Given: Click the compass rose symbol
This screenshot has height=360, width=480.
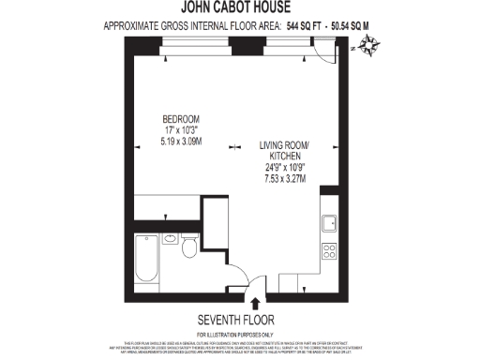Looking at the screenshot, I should (369, 44).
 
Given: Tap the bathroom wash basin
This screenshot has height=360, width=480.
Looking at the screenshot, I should (171, 239).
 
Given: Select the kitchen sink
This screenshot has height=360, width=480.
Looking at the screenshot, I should (330, 224).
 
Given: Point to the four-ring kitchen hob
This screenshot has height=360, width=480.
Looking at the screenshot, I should (330, 251).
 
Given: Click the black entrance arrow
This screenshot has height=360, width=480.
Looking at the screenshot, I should (256, 301).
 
